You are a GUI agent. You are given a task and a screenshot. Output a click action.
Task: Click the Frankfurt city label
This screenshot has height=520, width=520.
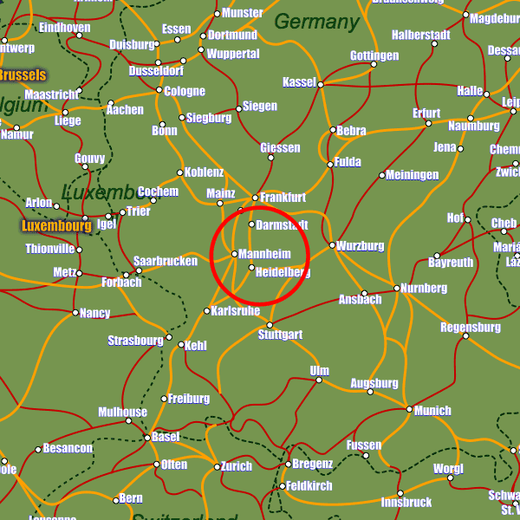coord(283,198)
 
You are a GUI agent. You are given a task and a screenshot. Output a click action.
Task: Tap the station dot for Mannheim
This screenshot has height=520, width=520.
coord(235,254)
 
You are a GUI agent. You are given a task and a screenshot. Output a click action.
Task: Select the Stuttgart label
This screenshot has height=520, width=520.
coord(281,335)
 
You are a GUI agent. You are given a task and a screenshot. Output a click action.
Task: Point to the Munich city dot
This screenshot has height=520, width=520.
coord(410,409)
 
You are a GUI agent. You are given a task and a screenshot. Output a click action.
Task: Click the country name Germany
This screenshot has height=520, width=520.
coord(315,22)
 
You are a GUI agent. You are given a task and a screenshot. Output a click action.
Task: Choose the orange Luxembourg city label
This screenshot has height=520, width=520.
coord(56,226)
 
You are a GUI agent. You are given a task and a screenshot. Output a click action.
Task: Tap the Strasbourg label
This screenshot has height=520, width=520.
coord(135,341)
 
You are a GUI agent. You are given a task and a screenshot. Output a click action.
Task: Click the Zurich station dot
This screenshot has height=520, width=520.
coord(217,467)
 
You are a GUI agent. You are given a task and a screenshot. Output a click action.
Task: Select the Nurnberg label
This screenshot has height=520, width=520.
coord(424,288)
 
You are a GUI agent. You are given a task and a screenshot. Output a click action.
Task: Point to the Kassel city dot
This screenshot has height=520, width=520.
coord(320,84)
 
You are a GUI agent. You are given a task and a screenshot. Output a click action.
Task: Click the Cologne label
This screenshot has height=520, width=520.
coord(185,91)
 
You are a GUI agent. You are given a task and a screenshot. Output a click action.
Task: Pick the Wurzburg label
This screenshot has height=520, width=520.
coord(361,246)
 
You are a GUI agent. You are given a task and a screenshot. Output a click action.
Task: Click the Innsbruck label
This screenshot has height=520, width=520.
coord(406,503)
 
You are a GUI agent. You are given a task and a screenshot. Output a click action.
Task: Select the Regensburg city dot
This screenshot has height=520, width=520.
coord(465,335)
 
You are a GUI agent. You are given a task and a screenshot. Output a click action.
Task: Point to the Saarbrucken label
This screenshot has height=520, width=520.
coord(166,261)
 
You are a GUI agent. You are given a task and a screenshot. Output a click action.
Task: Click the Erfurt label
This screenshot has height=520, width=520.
coord(426,114)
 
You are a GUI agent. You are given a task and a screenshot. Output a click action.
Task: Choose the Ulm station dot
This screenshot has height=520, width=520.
coord(318,380)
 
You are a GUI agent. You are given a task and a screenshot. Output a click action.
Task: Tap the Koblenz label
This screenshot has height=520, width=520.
coord(205,172)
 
